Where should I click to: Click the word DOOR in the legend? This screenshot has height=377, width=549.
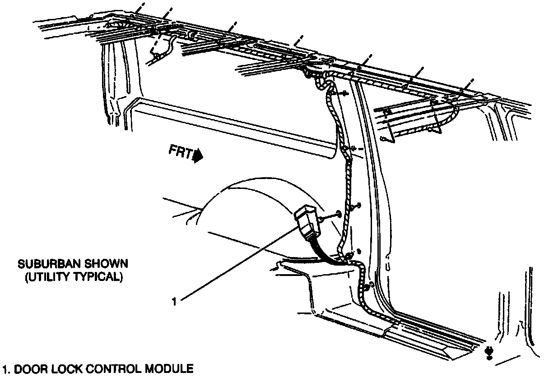[x=28, y=369]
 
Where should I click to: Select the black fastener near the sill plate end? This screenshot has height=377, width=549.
[x=489, y=351]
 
